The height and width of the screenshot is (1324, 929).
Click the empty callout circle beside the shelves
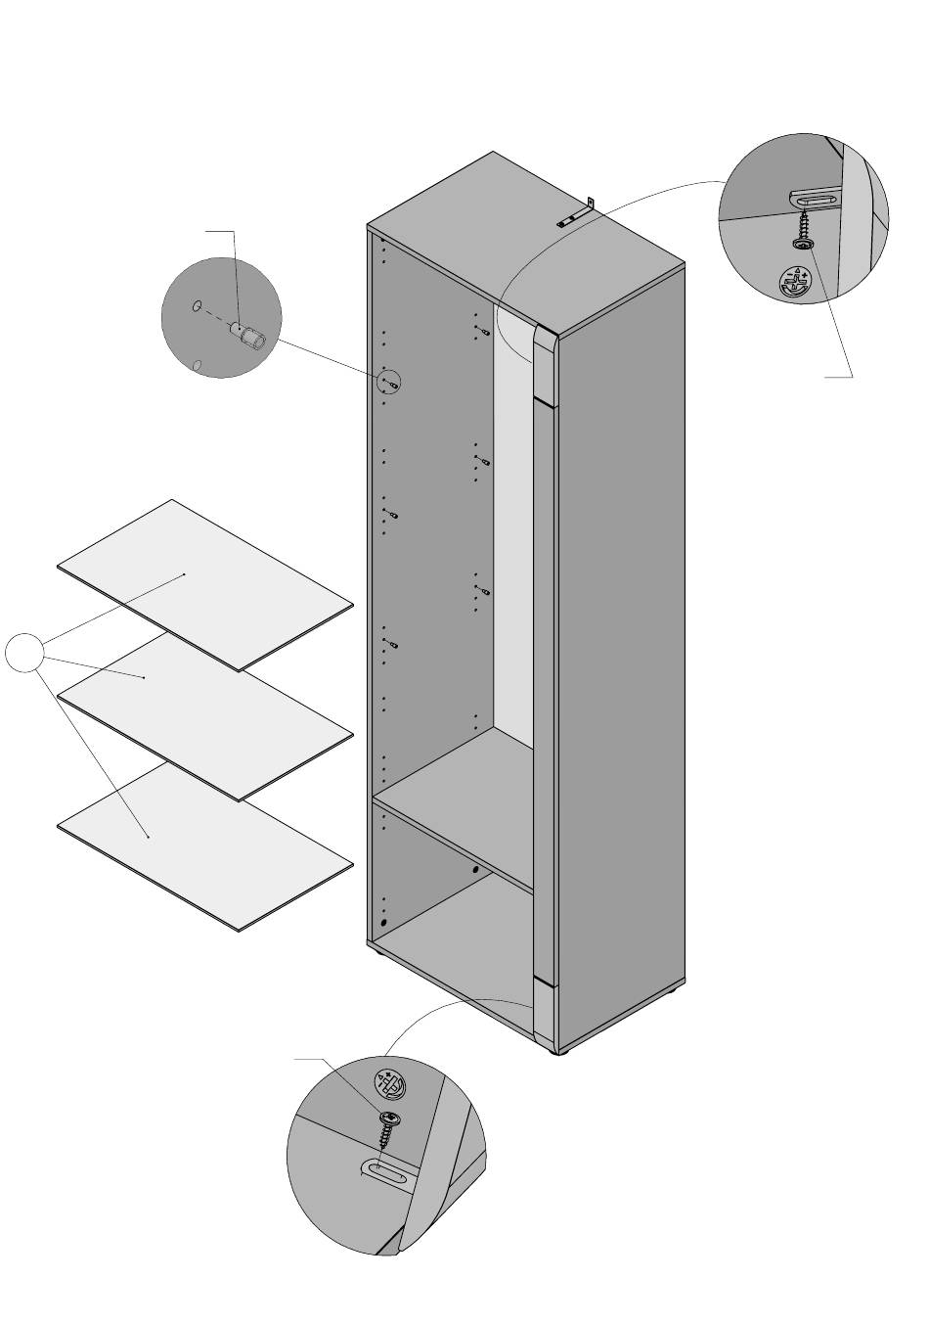pos(24,653)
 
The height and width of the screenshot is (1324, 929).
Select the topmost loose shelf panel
pos(205,584)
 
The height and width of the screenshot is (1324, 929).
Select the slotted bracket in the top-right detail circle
pos(815,200)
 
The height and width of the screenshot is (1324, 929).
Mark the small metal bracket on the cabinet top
pos(577,214)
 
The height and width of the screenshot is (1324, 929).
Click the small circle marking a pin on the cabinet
pos(389,382)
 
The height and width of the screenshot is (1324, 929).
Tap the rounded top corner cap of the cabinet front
pos(545,367)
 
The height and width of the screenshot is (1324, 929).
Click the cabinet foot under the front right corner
pos(560,1053)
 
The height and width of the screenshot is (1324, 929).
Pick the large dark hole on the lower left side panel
pos(383,923)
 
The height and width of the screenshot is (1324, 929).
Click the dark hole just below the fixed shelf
pos(476,869)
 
